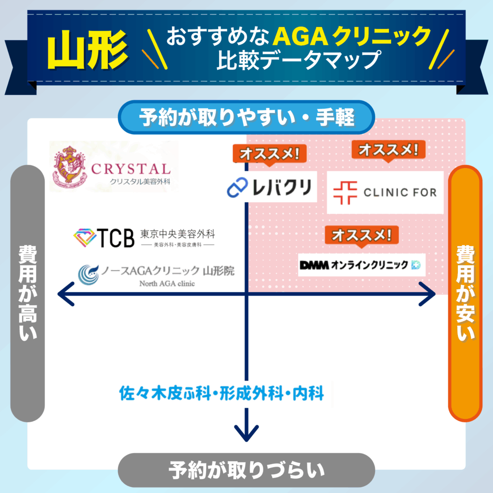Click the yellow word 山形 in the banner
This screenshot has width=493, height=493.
pyautogui.click(x=88, y=50)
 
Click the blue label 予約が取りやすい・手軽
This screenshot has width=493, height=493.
pyautogui.click(x=246, y=117)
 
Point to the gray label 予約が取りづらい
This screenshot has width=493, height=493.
pyautogui.click(x=246, y=469)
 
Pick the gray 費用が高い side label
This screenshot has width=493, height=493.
pyautogui.click(x=27, y=294)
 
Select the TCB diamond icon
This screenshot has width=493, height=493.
pyautogui.click(x=85, y=237)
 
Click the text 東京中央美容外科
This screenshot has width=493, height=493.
pyautogui.click(x=178, y=234)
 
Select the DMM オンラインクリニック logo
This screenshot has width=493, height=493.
pyautogui.click(x=361, y=265)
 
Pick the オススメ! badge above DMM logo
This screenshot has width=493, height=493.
pyautogui.click(x=362, y=235)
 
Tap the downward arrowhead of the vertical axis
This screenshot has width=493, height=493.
pyautogui.click(x=246, y=432)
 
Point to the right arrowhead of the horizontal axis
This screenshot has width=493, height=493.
pyautogui.click(x=427, y=294)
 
